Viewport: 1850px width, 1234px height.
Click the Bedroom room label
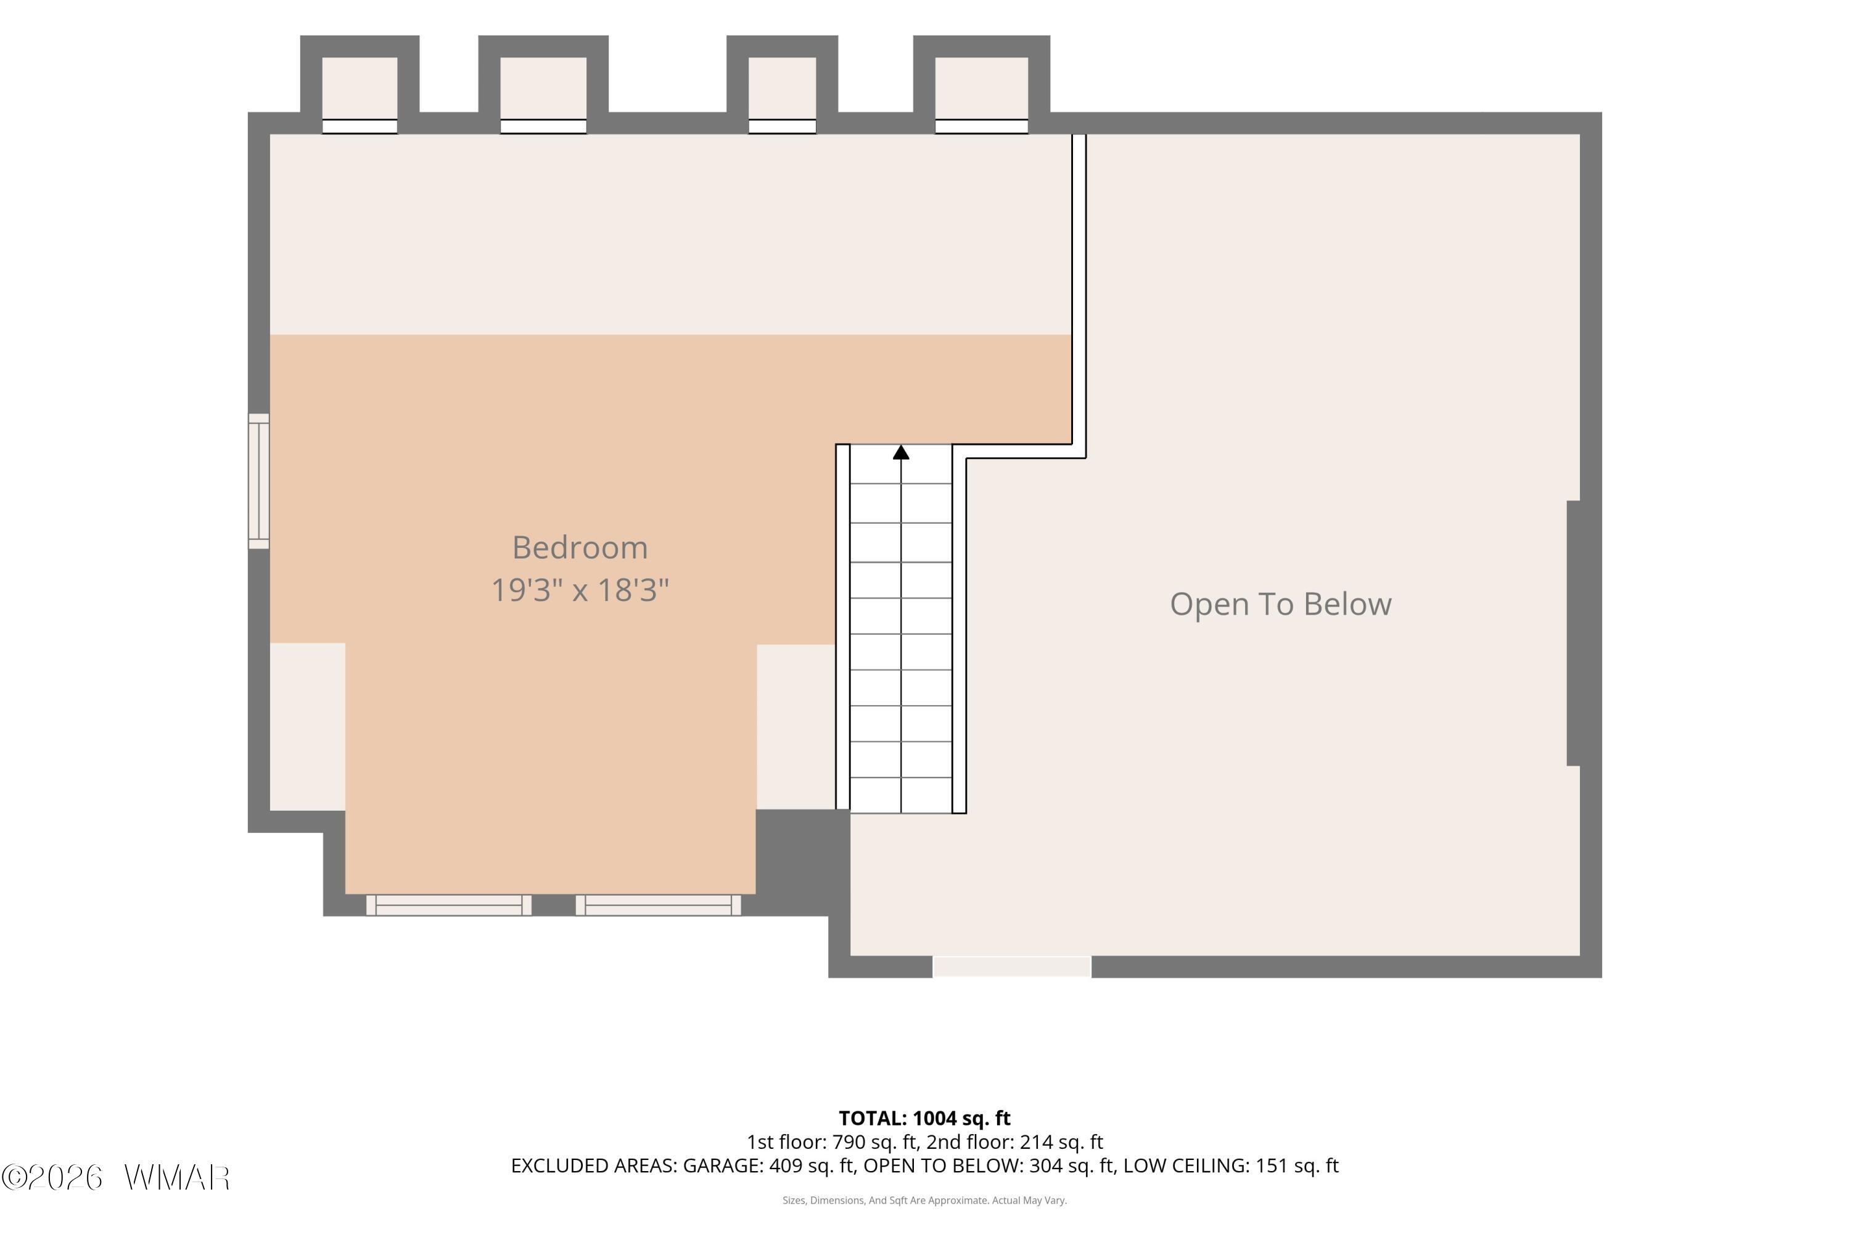580,548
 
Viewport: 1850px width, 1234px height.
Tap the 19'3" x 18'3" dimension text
580,589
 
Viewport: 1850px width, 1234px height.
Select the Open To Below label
1281,605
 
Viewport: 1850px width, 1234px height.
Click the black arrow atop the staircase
902,452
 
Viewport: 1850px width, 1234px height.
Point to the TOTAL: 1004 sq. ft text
924,1118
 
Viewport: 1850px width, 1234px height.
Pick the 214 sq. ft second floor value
1061,1142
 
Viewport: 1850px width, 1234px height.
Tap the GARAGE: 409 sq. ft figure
768,1166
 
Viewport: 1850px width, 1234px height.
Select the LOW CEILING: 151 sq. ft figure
1231,1166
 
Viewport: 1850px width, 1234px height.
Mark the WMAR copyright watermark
116,1178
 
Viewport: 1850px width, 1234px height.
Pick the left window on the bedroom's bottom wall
448,905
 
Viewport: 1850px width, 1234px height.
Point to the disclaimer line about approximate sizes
924,1200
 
